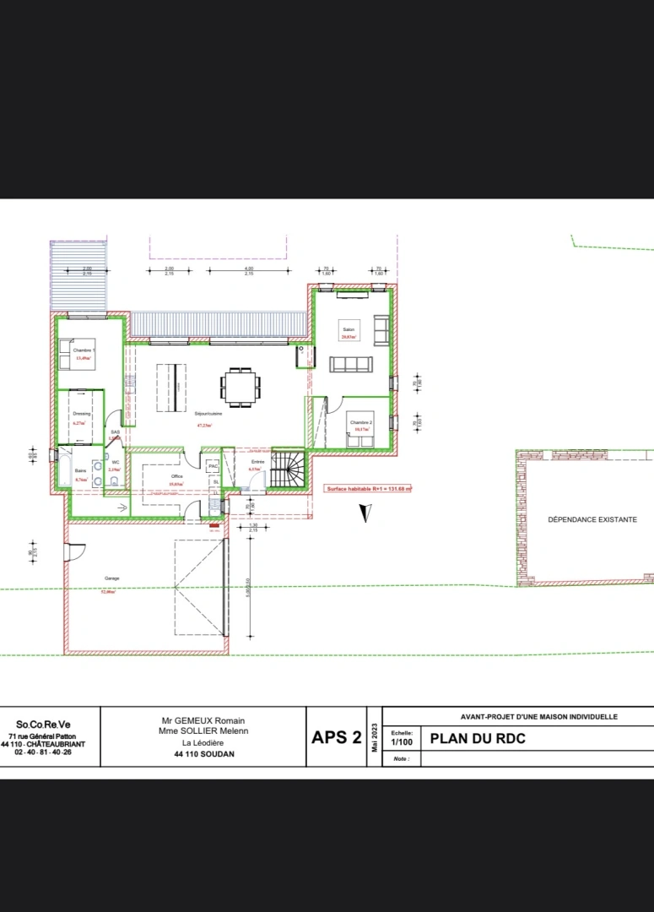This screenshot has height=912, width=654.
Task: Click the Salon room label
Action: coord(347,328)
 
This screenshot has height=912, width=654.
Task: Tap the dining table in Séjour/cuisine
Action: coord(240,388)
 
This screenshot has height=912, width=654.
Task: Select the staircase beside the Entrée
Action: coord(288,470)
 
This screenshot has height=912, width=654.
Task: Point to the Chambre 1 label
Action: coord(84,350)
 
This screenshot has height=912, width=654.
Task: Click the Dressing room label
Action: coord(82,414)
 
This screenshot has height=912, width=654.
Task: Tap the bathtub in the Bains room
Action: coord(64,469)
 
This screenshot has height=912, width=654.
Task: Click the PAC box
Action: coord(213,464)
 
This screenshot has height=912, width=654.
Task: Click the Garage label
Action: coord(111,578)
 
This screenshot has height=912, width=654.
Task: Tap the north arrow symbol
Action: coord(365,513)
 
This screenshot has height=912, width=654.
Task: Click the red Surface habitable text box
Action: coord(369,488)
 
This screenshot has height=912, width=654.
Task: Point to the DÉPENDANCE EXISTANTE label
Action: coord(592,520)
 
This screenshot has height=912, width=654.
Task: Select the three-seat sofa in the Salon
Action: coord(350,365)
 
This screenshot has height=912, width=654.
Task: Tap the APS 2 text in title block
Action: coord(337,737)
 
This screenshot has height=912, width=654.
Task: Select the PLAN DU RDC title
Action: coord(478,737)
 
